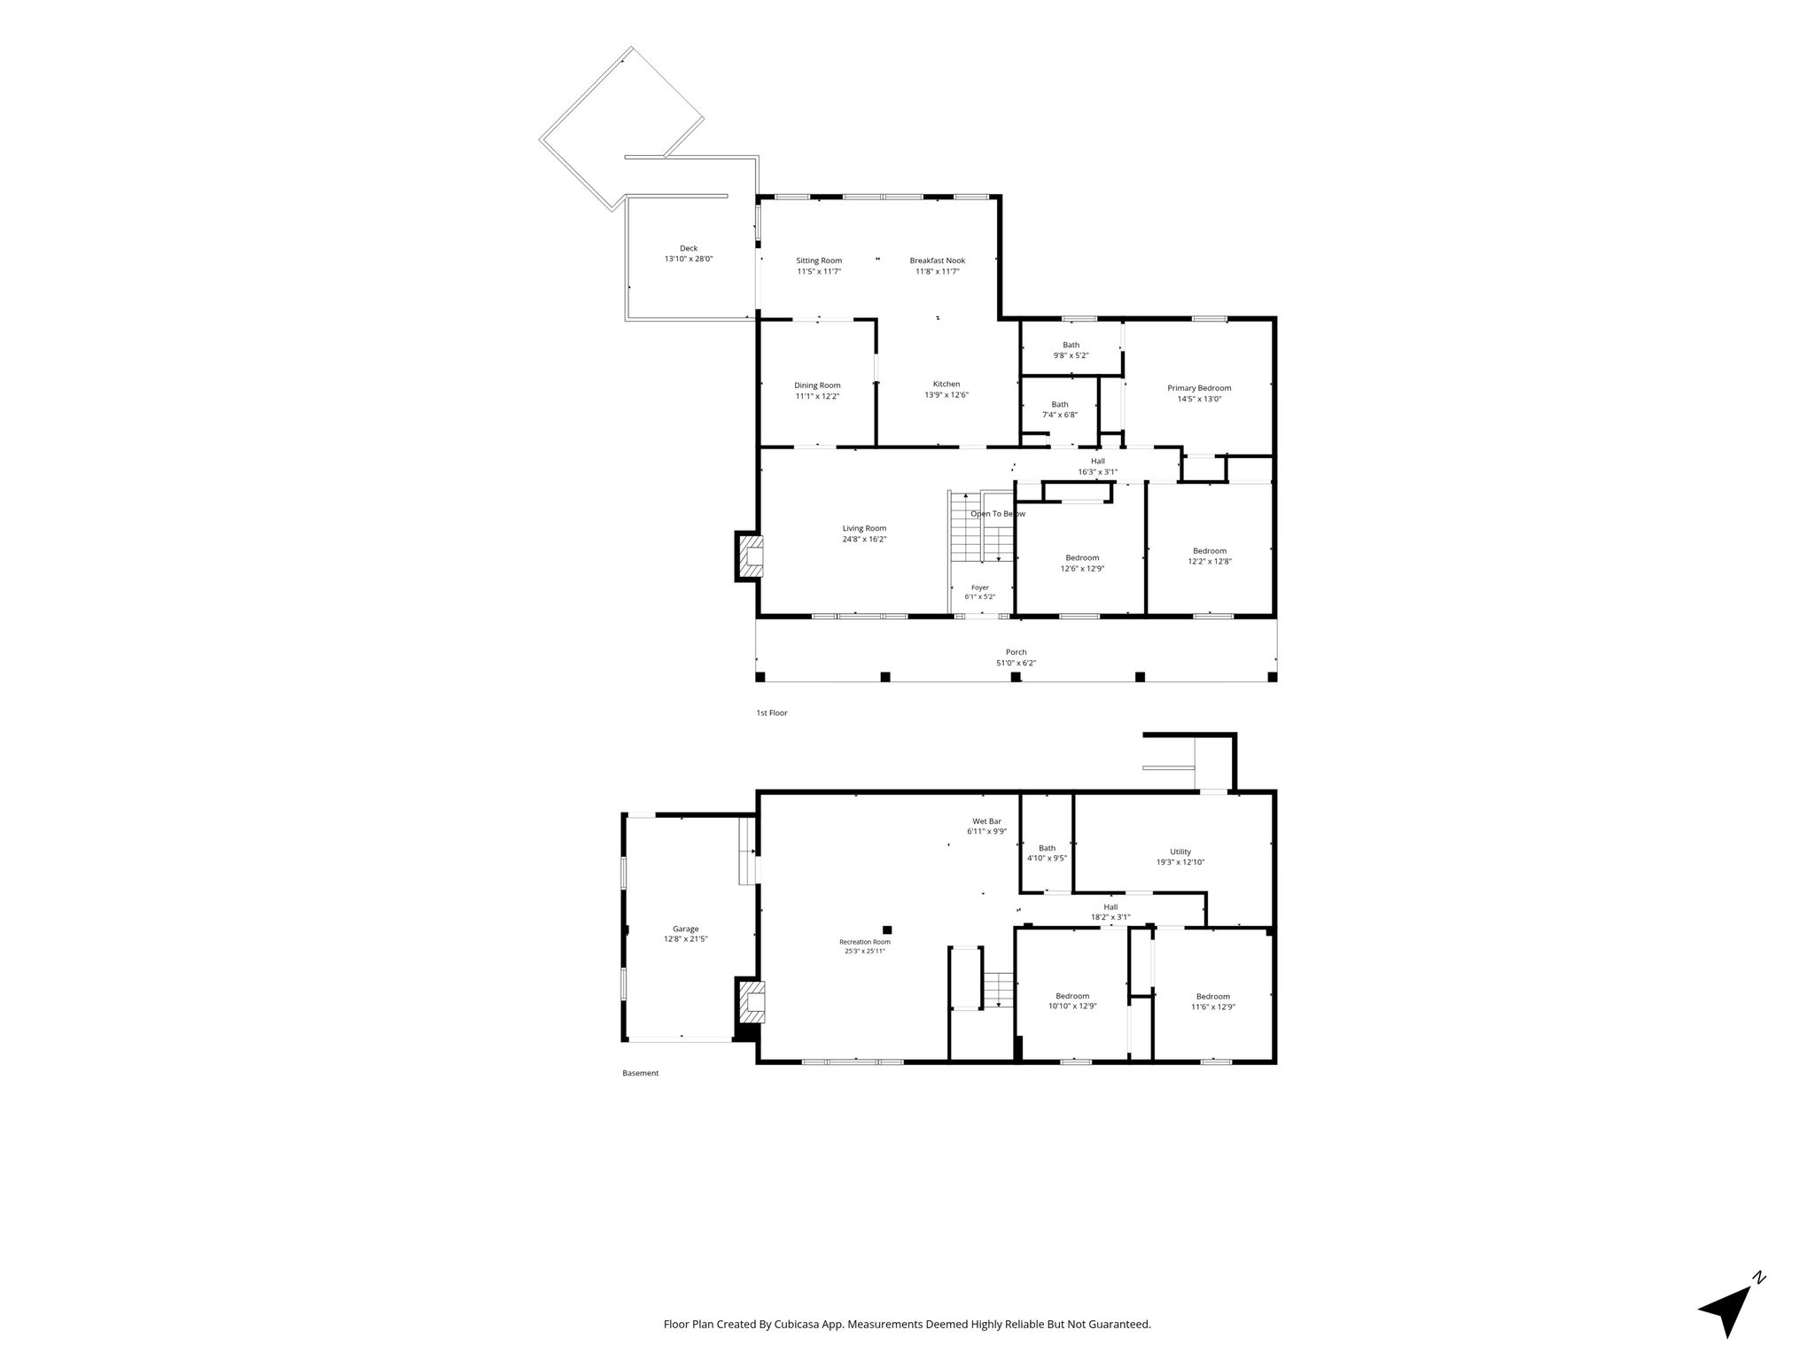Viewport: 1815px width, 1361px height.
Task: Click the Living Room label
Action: (864, 528)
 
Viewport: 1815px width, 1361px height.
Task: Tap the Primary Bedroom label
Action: (1199, 388)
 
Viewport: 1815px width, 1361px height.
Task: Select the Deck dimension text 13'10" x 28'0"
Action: (689, 259)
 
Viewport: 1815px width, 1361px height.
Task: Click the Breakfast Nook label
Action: (938, 261)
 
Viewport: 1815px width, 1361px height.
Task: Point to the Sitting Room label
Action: (819, 261)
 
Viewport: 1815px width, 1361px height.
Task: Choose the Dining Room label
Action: (817, 385)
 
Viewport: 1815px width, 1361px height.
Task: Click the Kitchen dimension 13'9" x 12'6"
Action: (946, 395)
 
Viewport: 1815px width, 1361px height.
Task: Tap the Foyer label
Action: (980, 587)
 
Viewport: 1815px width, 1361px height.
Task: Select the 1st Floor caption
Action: (771, 712)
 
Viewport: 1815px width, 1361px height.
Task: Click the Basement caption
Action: (641, 1073)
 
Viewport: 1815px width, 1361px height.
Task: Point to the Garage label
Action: (686, 929)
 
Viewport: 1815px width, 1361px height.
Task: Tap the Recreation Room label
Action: (865, 942)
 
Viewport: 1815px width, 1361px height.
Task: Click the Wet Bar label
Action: (986, 821)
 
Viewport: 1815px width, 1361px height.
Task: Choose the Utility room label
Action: (1180, 852)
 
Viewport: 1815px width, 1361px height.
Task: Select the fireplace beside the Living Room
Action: (748, 556)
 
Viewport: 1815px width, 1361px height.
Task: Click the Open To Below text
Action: (998, 514)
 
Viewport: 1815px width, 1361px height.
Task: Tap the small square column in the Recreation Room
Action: (887, 929)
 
